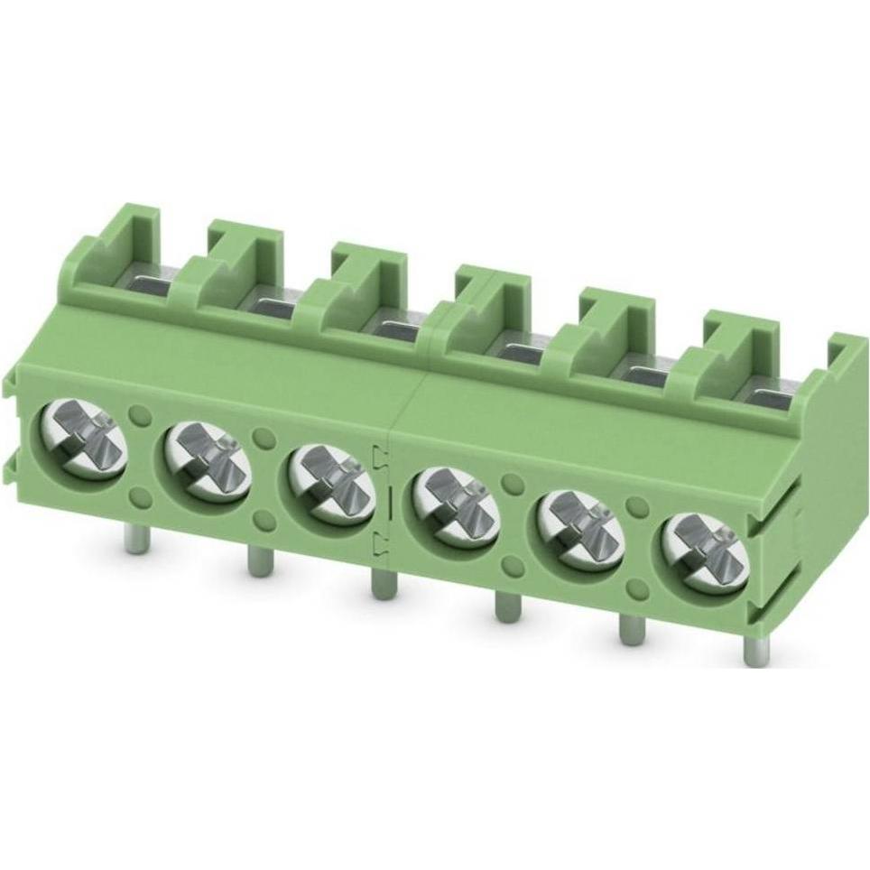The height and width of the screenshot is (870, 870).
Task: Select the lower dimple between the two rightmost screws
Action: (636, 589)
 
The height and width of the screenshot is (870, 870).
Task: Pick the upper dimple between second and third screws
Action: (264, 437)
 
